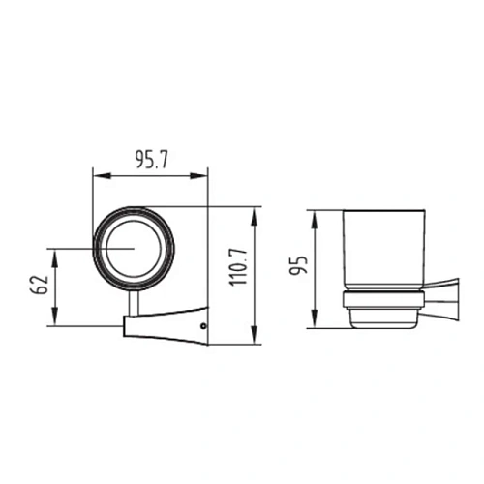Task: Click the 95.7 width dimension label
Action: (151, 160)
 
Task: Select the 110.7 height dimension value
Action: (238, 267)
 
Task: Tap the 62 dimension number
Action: (40, 285)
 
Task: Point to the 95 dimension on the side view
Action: (298, 265)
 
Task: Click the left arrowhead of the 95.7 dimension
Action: (102, 176)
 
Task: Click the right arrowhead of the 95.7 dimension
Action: (198, 176)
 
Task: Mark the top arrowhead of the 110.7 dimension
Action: (255, 216)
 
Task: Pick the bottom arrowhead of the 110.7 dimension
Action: (255, 335)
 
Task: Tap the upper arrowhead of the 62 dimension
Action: (55, 258)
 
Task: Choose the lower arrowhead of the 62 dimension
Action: (55, 317)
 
